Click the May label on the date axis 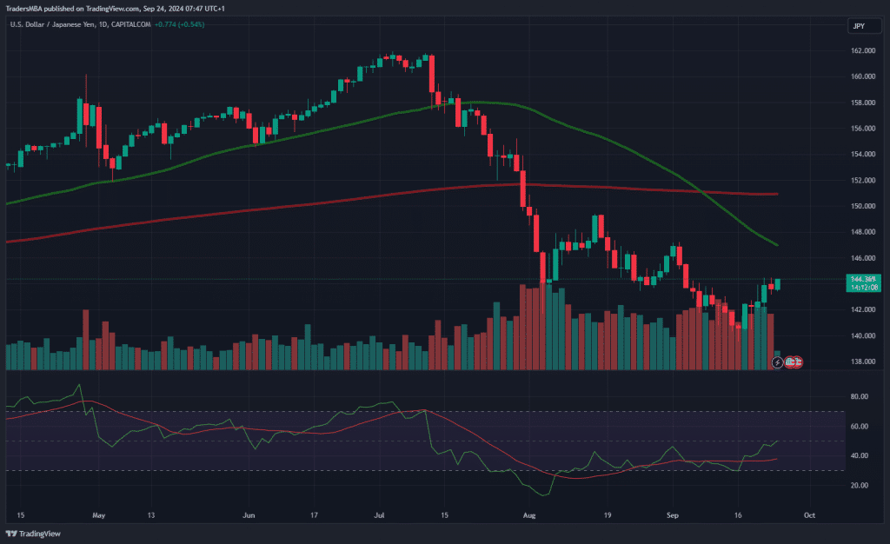click(98, 514)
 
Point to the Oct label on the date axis click(810, 514)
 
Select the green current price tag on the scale click(862, 283)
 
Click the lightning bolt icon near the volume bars click(776, 361)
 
